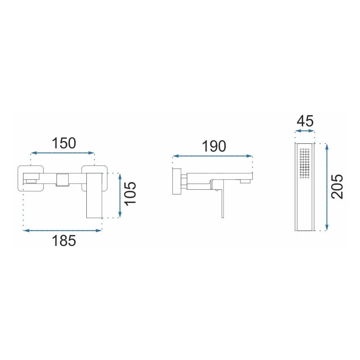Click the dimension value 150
(64, 143)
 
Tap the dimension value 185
(64, 240)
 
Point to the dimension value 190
(214, 146)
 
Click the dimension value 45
(305, 121)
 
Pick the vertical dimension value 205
(337, 186)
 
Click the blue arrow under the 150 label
(62, 153)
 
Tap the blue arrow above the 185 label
(62, 230)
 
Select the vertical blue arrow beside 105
(120, 195)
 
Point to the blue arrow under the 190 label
(212, 156)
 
